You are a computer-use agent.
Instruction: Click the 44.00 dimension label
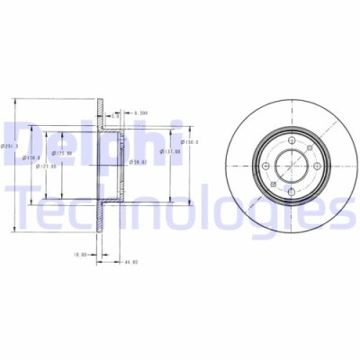coord(130,262)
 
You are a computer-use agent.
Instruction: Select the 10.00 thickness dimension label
coord(79,254)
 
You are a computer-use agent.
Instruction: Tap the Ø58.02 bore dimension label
coord(138,162)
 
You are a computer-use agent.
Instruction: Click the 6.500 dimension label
coord(140,113)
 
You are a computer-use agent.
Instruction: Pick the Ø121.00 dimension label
coord(47,165)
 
